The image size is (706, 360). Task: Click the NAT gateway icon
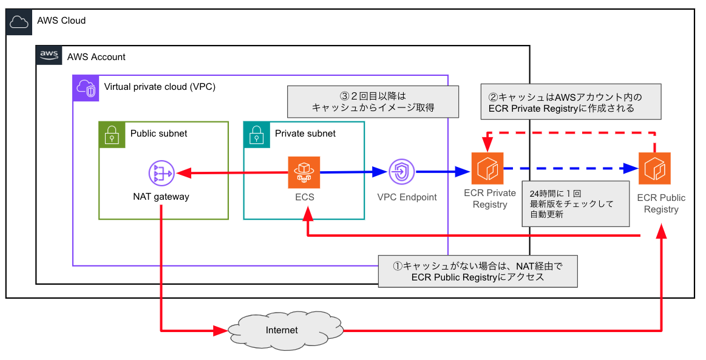click(x=161, y=174)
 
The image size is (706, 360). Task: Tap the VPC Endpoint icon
click(x=401, y=172)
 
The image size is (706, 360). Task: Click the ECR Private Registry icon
click(x=488, y=168)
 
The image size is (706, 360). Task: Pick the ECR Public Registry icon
click(x=654, y=168)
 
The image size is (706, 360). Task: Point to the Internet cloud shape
click(x=282, y=330)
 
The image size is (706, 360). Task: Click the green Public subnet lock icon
click(x=112, y=134)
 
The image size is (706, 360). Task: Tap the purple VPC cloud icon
click(x=86, y=88)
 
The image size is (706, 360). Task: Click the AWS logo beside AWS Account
click(x=49, y=56)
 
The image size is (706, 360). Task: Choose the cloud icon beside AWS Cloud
click(x=19, y=22)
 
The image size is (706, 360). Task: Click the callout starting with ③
click(x=373, y=101)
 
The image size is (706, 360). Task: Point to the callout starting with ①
click(x=477, y=271)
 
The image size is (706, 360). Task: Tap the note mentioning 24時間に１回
click(x=574, y=203)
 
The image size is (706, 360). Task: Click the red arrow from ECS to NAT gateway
click(x=231, y=174)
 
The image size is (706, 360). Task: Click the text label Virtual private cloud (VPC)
click(x=160, y=87)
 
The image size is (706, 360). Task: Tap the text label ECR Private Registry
click(x=489, y=199)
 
